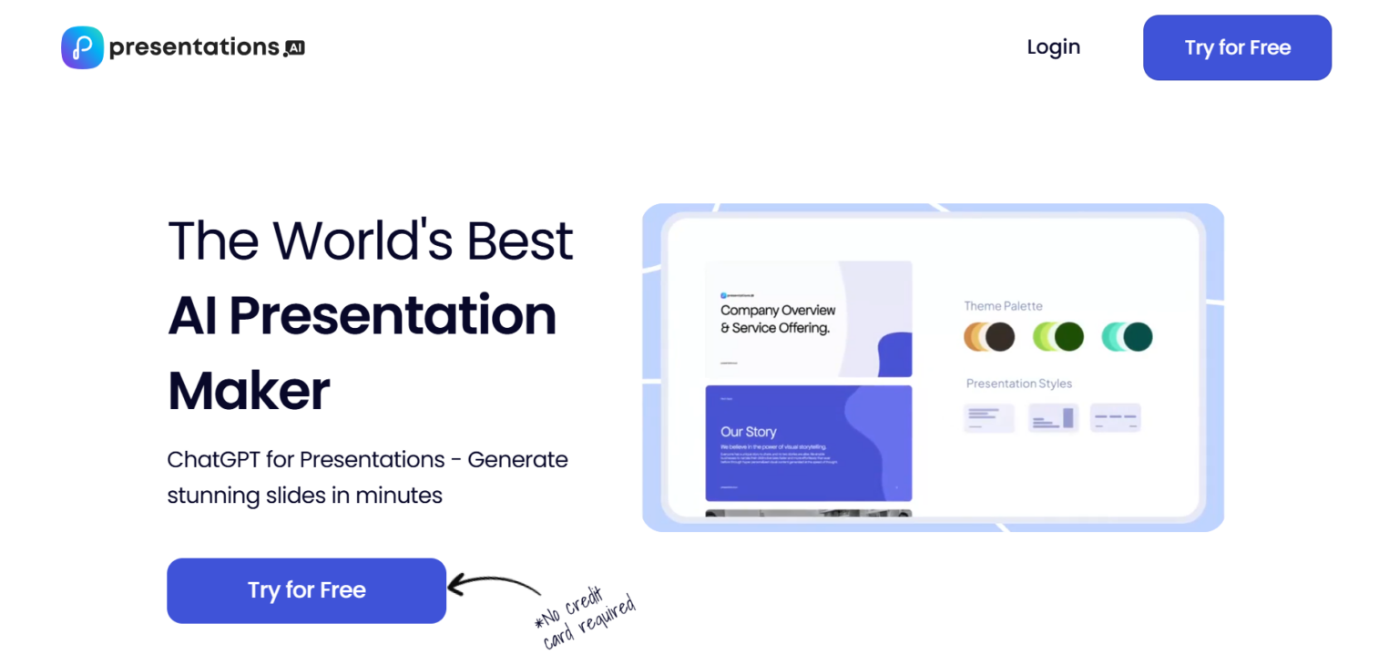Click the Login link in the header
pos(1053,47)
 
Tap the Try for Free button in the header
pos(1237,47)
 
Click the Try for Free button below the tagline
pos(306,590)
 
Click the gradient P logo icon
pos(82,47)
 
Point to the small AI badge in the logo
pos(294,48)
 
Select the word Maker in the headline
pos(249,391)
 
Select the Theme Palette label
pos(1003,306)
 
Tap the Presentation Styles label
pos(1018,384)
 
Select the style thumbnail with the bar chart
pos(1054,418)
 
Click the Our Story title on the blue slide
pos(748,432)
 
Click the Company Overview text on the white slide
pos(777,311)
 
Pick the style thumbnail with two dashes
pos(1116,418)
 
